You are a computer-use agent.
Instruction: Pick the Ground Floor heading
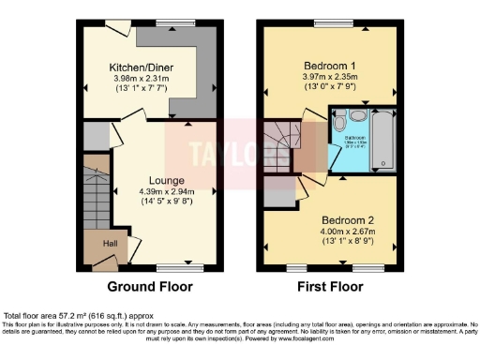pyautogui.click(x=150, y=286)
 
